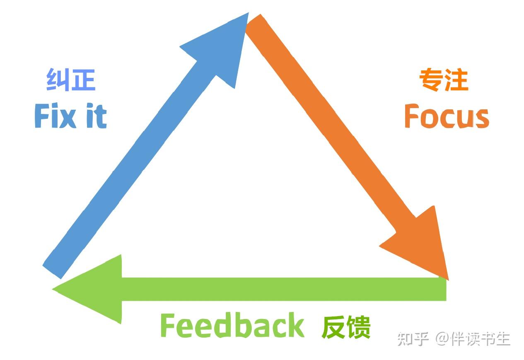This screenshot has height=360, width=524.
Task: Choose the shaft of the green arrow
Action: click(282, 289)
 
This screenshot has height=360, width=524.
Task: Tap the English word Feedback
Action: click(232, 326)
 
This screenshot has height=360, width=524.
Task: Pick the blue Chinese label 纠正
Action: click(71, 80)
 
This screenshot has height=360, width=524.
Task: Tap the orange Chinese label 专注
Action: click(443, 80)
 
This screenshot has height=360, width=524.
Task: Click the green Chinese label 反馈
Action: click(346, 327)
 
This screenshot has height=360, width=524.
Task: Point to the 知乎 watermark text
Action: click(413, 338)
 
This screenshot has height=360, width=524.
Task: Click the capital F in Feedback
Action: click(168, 326)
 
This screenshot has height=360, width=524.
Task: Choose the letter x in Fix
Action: click(68, 118)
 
